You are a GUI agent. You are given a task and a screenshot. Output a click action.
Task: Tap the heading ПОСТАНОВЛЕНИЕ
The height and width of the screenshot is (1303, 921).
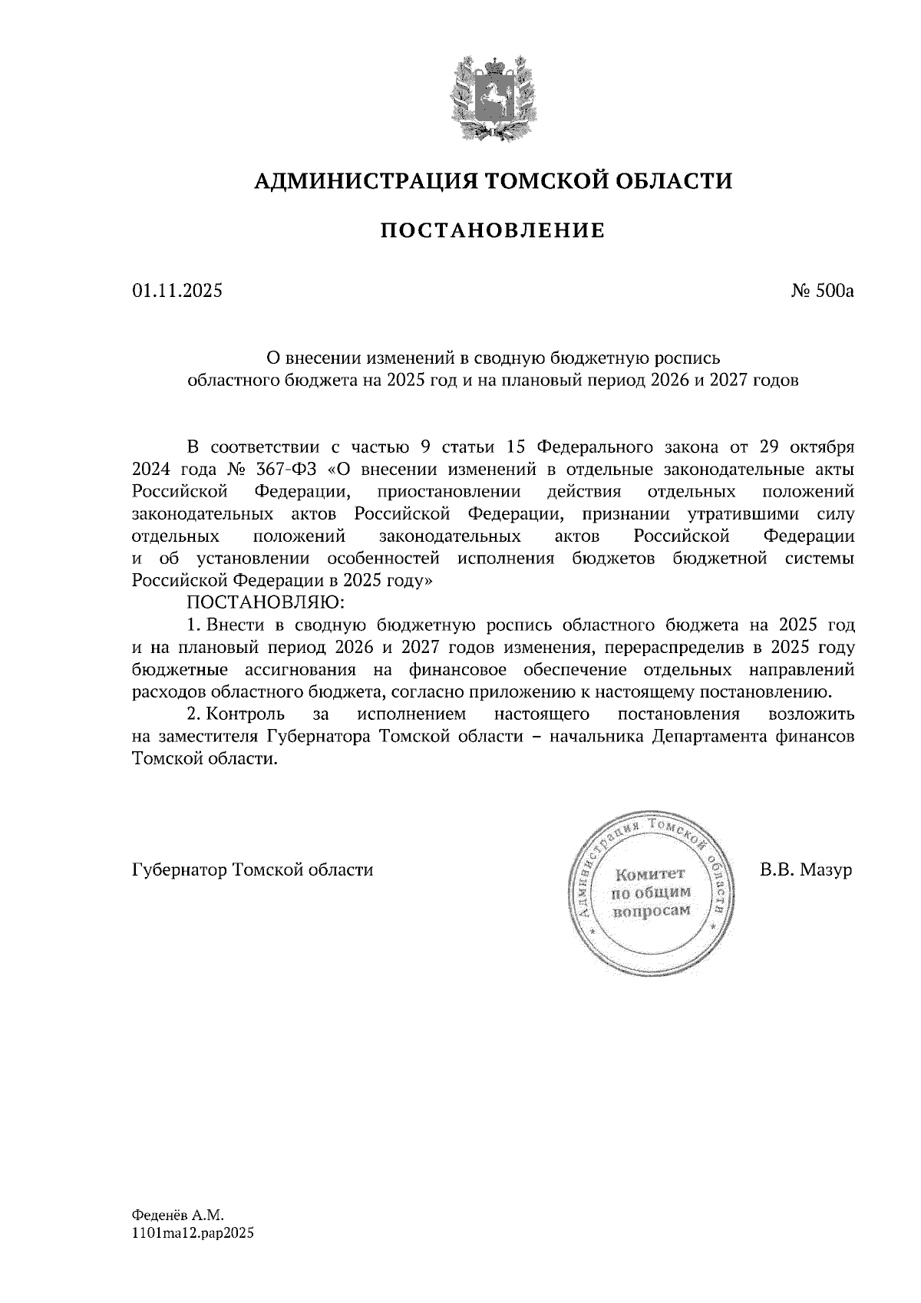[x=492, y=230]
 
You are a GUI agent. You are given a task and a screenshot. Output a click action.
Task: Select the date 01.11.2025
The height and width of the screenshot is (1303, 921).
[x=177, y=291]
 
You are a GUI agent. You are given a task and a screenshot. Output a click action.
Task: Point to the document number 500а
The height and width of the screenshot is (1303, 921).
[x=832, y=291]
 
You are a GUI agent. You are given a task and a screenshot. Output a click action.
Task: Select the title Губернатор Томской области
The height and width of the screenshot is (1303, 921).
[x=253, y=871]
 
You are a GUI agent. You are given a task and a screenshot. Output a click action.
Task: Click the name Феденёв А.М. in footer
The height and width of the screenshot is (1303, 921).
[x=177, y=1216]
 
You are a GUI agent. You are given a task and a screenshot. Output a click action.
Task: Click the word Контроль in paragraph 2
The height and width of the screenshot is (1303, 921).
[x=240, y=714]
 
